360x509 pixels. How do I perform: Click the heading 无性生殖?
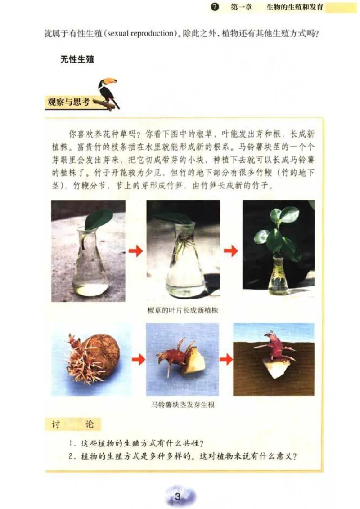[77, 59]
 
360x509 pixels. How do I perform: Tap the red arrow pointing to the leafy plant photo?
[231, 251]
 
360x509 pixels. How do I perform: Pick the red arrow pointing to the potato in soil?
[226, 359]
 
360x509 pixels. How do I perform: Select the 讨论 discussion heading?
[72, 424]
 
